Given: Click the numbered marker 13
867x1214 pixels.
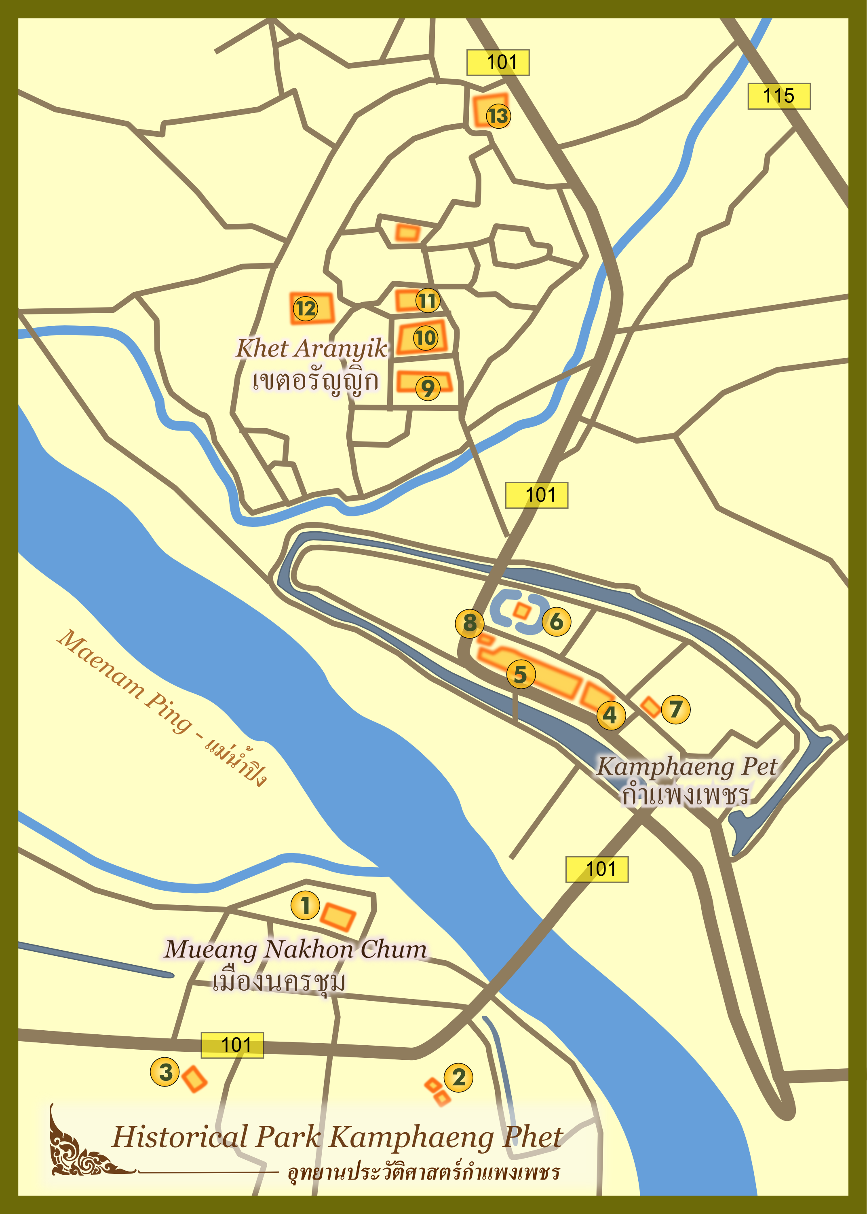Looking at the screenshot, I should click(498, 116).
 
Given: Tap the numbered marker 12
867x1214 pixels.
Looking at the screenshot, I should click(306, 308).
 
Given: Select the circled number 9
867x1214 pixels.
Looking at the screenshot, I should click(428, 388).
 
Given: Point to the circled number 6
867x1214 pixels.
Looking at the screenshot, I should click(556, 622).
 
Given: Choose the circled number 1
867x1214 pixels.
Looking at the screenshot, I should click(305, 906).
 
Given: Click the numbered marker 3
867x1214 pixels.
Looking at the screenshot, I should click(165, 1072).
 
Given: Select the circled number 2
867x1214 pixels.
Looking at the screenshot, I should click(459, 1077).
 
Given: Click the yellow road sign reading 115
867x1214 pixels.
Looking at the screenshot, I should click(779, 96).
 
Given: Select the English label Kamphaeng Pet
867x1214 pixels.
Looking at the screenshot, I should click(687, 766).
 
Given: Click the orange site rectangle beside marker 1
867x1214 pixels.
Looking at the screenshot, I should click(338, 917).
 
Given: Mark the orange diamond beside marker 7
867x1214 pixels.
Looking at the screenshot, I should click(650, 707).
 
